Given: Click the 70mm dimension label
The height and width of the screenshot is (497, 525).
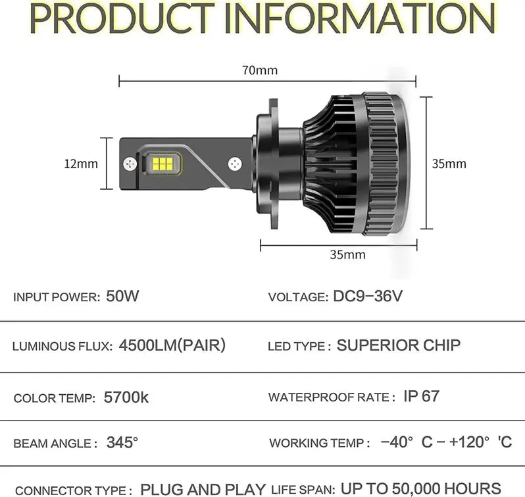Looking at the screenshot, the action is [260, 70].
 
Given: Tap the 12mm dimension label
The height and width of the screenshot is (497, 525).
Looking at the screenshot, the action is [81, 163].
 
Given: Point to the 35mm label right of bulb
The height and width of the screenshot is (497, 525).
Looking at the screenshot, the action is [449, 163].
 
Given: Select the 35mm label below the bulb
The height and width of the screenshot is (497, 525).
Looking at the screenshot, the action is [347, 254].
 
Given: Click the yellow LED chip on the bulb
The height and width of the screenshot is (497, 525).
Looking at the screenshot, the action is [162, 163].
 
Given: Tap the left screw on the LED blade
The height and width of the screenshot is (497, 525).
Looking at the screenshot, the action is [130, 164].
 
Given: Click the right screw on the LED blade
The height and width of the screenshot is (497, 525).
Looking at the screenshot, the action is [235, 164].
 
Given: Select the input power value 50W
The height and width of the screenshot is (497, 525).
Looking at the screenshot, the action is [122, 296].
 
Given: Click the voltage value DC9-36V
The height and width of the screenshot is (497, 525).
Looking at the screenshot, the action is [368, 296].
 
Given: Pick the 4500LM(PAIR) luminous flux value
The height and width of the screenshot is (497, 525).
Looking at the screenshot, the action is [172, 345].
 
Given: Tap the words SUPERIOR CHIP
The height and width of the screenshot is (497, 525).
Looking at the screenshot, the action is [399, 345].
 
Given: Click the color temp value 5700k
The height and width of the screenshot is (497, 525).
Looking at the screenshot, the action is [126, 397].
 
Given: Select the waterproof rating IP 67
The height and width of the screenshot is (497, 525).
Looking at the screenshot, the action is [421, 396].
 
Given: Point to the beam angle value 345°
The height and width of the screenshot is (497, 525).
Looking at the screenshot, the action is [122, 442].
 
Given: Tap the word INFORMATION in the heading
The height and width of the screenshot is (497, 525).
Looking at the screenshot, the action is [360, 18].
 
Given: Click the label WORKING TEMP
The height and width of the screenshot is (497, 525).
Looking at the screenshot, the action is [316, 443].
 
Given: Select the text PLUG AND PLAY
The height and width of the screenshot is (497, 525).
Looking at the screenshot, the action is [203, 490].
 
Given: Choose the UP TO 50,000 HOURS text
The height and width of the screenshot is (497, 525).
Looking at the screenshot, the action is [421, 489].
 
